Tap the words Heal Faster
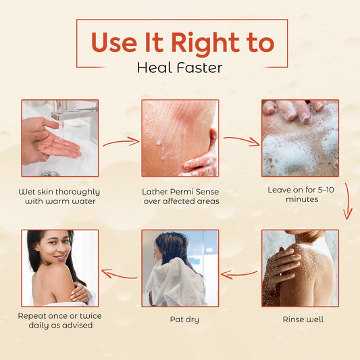click(180, 68)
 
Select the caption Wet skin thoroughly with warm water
click(59, 197)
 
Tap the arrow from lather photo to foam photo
click(242, 140)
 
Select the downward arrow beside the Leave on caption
click(348, 201)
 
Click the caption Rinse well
click(303, 319)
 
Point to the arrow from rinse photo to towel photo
click(239, 274)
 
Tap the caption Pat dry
click(184, 319)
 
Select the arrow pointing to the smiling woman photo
click(120, 274)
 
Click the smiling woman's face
click(56, 248)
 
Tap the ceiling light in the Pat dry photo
click(209, 250)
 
